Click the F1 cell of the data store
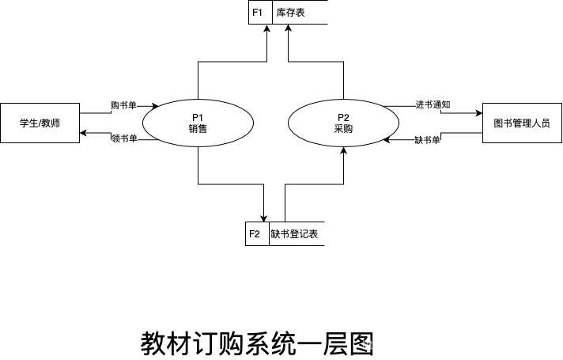pos(259,13)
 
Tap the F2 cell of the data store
pos(257,234)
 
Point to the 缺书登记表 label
pos(297,234)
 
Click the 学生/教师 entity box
pos(40,123)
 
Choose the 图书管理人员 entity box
pos(521,123)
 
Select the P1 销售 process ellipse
pos(198,123)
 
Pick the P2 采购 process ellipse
pos(343,123)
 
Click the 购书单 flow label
pos(123,105)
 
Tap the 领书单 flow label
pos(124,139)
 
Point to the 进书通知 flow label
pos(433,104)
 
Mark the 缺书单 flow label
pos(428,140)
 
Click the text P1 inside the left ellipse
pos(198,117)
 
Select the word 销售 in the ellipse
pos(198,129)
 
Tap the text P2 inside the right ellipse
pos(343,117)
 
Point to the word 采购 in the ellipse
pos(343,129)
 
